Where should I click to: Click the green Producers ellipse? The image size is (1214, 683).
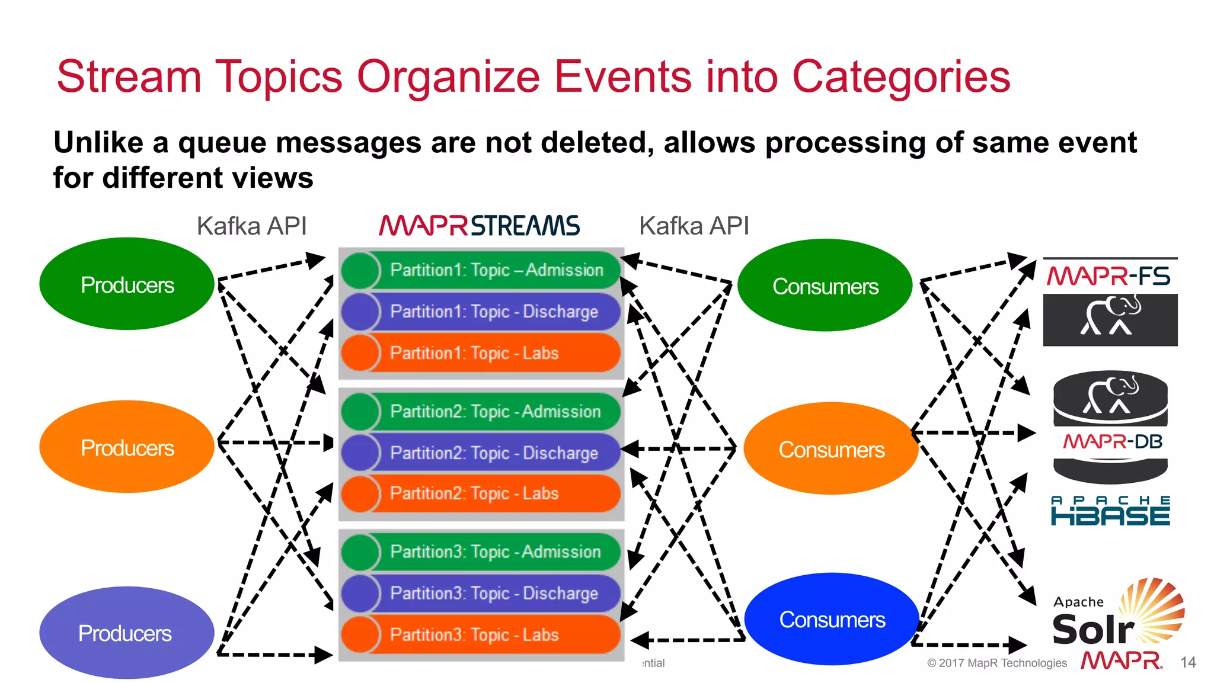pos(127,284)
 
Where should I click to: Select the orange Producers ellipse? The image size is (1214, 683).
pos(127,447)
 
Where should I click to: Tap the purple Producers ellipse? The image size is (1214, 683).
pos(126,633)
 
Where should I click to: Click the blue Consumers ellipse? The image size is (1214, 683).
pos(832,619)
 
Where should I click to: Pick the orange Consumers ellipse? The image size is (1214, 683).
pos(831,449)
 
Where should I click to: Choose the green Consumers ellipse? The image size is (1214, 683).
pos(825,286)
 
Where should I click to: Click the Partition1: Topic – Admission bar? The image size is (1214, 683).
pos(496,270)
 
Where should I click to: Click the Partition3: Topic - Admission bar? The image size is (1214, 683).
pos(495,551)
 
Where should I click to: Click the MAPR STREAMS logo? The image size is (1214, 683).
pos(479,226)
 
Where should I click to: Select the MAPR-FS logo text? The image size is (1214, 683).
pos(1108,276)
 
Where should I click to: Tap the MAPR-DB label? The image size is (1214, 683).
pos(1112,441)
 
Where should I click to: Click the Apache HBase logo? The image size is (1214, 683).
pos(1110,511)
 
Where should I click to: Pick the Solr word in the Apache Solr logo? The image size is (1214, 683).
pos(1092,629)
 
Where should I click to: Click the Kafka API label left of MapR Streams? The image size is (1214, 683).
pos(251,226)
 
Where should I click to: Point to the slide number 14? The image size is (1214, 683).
pos(1188,662)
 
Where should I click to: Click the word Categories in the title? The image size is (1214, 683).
pos(900,76)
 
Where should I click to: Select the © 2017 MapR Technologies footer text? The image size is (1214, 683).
pos(996,663)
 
